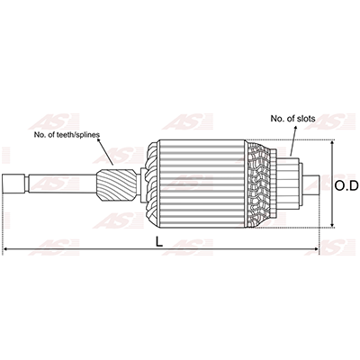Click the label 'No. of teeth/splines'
tap(67, 135)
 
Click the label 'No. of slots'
tap(292, 119)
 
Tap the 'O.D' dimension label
tap(346, 186)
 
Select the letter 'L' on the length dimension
tap(159, 242)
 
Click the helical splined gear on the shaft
tap(116, 184)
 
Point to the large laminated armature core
tap(202, 184)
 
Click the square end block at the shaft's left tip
tap(13, 184)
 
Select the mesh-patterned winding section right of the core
tap(258, 184)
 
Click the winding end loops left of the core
tap(152, 184)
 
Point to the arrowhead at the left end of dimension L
tap(5, 249)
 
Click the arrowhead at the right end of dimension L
tap(316, 249)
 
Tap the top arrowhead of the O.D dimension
tap(332, 143)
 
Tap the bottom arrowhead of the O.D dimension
tap(332, 224)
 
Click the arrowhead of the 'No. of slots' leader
tap(295, 128)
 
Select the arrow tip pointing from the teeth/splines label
tap(112, 163)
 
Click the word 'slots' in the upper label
tap(306, 119)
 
